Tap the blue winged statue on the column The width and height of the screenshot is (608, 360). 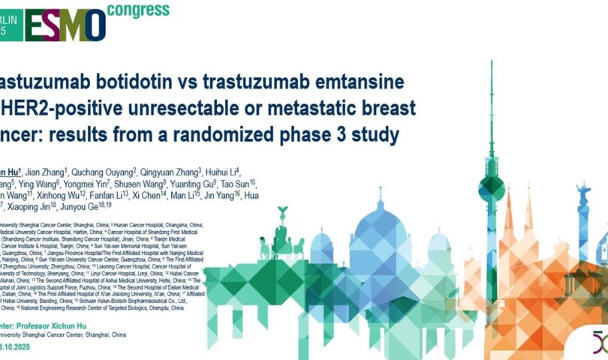(582, 190)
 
